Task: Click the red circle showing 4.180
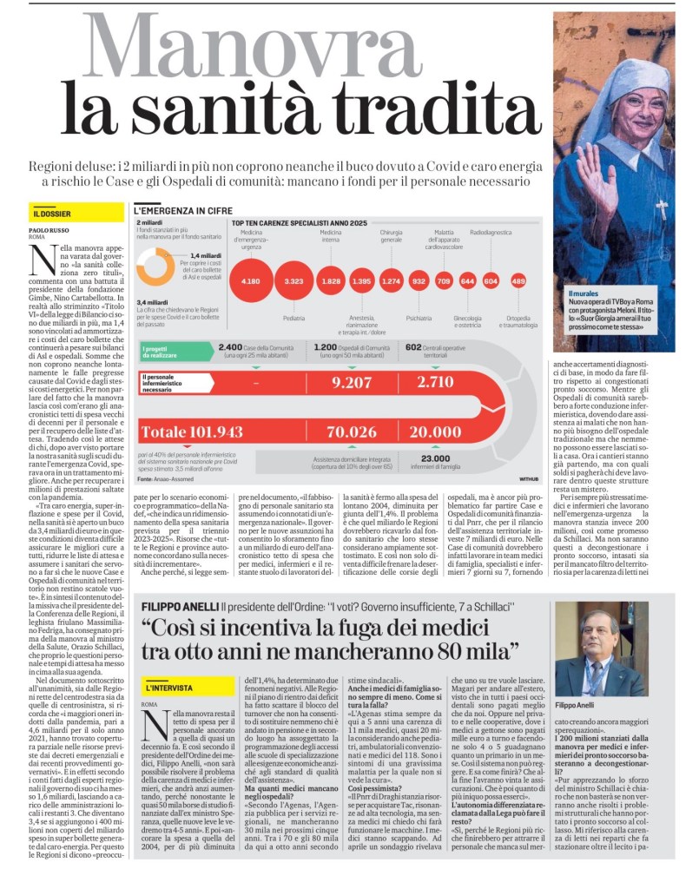click(x=251, y=281)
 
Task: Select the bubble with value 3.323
click(x=294, y=281)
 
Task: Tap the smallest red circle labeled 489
click(x=518, y=281)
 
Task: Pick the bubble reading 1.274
click(x=392, y=281)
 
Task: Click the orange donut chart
click(x=155, y=267)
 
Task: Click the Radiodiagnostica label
click(x=491, y=234)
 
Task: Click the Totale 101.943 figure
click(x=192, y=431)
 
